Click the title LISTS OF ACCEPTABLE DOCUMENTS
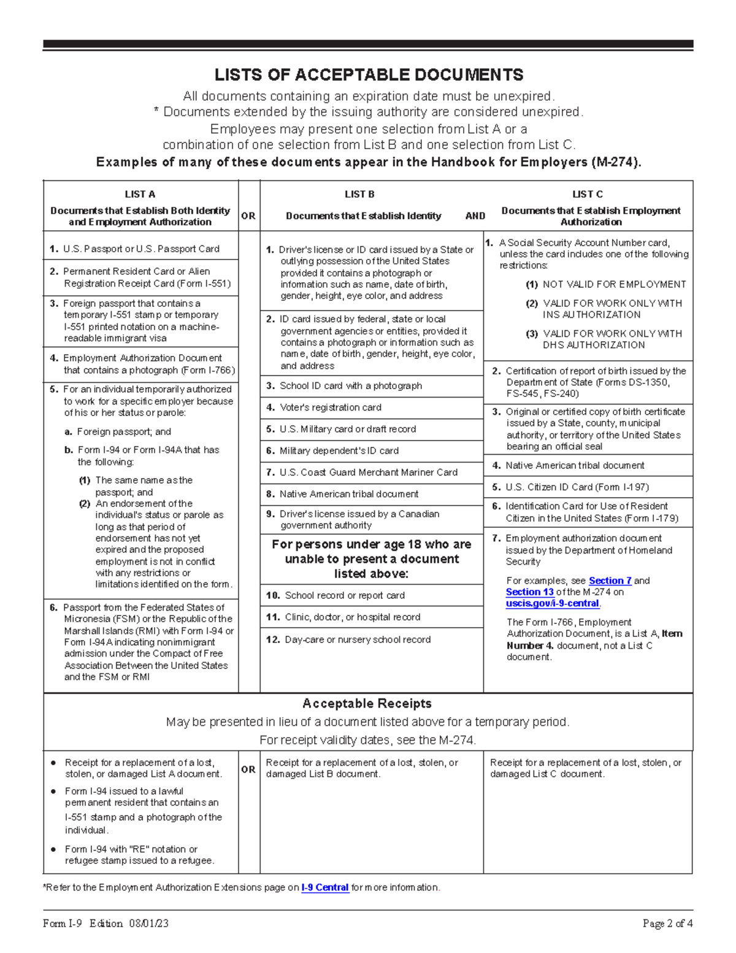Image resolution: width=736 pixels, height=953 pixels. coord(368,75)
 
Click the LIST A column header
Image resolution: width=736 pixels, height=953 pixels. coord(140,195)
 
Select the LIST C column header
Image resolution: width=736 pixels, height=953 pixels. coord(587,195)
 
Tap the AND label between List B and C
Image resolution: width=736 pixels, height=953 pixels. coord(475,216)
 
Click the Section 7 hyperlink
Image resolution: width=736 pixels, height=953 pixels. coord(610,581)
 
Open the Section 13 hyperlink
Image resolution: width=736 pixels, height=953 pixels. coord(529,592)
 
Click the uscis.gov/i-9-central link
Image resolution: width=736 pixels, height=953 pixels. coord(552,604)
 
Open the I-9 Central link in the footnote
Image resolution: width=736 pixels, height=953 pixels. coord(325,888)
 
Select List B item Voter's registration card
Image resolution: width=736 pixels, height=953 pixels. coord(330,407)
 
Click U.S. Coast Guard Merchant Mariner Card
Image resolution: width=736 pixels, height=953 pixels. coord(368,473)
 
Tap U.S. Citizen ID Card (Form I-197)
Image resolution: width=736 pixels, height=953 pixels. coord(577,487)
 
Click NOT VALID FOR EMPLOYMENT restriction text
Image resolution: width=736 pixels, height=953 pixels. coord(614,285)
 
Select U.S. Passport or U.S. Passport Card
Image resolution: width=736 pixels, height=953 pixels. coord(141,249)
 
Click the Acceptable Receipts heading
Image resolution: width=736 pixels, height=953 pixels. coord(367,704)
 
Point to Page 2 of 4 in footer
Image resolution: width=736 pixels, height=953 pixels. coord(667,924)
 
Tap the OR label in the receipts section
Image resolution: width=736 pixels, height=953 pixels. coord(248,770)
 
